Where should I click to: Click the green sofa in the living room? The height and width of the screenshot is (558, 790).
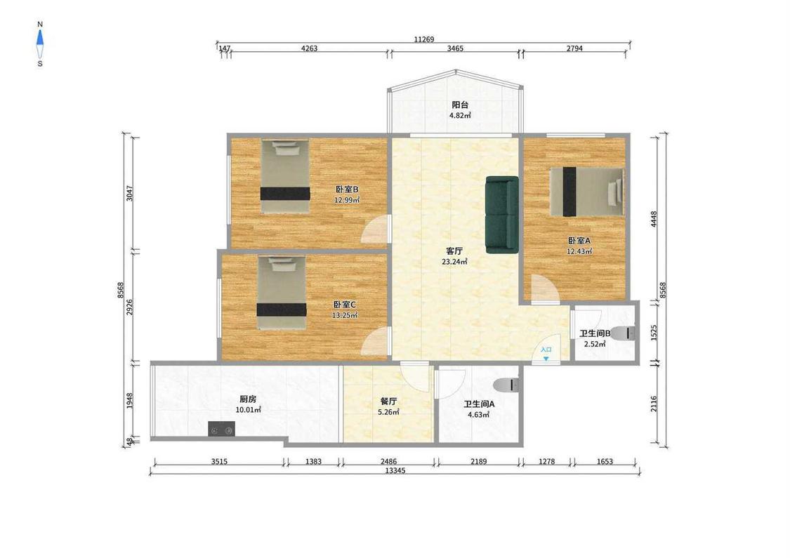[x=502, y=215]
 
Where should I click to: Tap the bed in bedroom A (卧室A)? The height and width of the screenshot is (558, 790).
[x=586, y=192]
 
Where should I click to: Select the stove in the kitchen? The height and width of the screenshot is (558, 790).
[x=221, y=430]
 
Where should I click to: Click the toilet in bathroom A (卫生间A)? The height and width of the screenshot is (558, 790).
[x=506, y=385]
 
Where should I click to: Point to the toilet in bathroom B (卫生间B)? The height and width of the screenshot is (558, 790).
[x=624, y=333]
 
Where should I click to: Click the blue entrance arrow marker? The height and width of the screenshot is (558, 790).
[x=546, y=359]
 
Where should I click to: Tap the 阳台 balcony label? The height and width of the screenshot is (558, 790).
[x=460, y=105]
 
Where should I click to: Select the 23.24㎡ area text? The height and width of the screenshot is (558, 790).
[x=454, y=261]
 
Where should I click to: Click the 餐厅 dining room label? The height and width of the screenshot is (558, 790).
[x=388, y=401]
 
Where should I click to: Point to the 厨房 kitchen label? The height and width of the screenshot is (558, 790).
[x=248, y=399]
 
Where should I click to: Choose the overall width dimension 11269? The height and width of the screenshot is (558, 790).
[x=423, y=39]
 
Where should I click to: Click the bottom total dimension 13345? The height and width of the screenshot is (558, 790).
[x=395, y=470]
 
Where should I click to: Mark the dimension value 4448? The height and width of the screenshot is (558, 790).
[x=654, y=219]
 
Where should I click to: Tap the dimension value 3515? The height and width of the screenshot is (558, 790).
[x=219, y=461]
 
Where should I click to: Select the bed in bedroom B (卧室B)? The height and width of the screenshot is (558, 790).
[x=285, y=176]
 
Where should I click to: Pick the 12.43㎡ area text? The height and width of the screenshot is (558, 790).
[x=579, y=251]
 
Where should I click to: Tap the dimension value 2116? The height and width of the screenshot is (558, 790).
[x=654, y=404]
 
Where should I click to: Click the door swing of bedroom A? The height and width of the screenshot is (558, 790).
[x=545, y=289]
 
